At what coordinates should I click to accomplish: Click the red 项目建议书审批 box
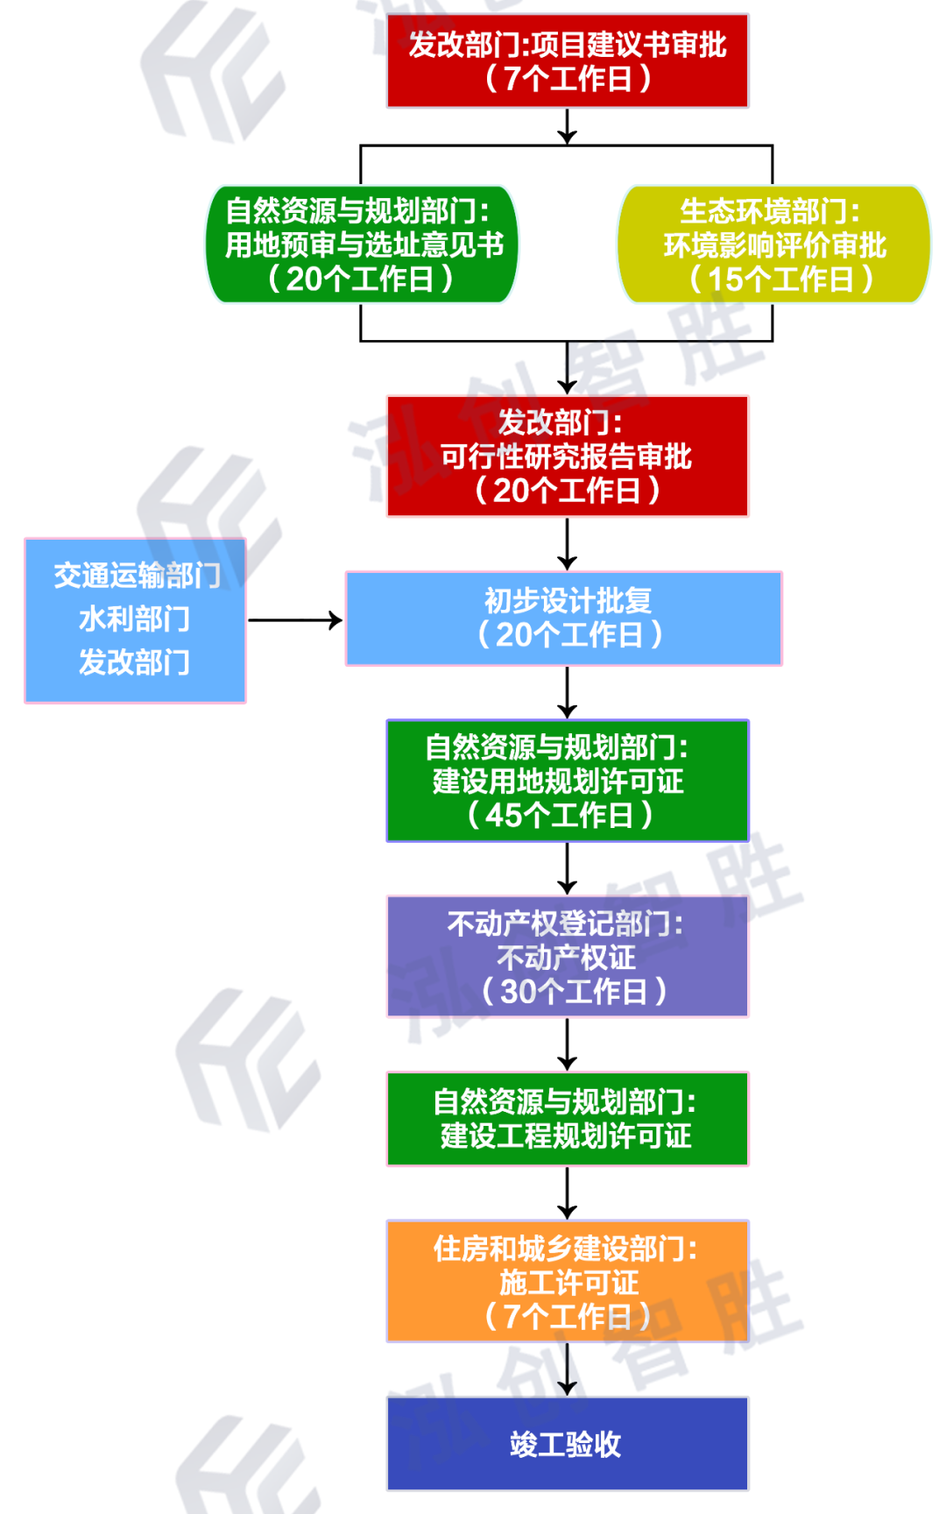[x=568, y=60]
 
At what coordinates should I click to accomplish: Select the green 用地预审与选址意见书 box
[x=362, y=244]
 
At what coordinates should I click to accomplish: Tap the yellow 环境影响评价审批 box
[x=774, y=244]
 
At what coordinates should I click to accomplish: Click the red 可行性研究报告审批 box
[x=568, y=456]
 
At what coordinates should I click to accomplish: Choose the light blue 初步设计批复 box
[x=564, y=619]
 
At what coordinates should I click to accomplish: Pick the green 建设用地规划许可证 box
[x=568, y=781]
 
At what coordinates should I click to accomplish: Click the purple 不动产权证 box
[x=568, y=956]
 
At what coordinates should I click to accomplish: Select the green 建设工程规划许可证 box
[x=568, y=1119]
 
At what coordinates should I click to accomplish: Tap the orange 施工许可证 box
[x=568, y=1281]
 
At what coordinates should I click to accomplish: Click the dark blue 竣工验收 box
[x=568, y=1444]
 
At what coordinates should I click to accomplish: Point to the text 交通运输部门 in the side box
[x=137, y=576]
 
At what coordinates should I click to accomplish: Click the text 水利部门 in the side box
[x=135, y=619]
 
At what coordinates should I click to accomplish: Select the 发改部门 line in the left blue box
[x=135, y=662]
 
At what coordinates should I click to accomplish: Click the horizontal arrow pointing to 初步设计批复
[x=295, y=620]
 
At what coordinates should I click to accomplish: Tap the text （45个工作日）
[x=561, y=816]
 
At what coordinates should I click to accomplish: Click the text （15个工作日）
[x=780, y=279]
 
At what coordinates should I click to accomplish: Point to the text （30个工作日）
[x=574, y=992]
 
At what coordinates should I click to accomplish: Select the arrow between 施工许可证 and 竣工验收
[x=568, y=1369]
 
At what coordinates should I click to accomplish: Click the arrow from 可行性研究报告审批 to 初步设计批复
[x=568, y=544]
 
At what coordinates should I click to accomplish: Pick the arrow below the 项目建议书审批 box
[x=568, y=126]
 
